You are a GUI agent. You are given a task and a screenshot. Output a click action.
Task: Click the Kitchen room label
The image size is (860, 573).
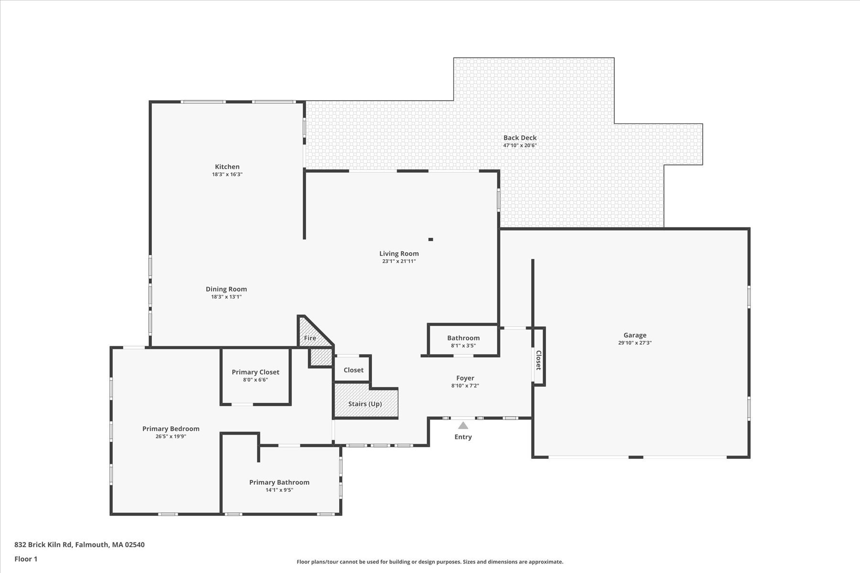point(227,167)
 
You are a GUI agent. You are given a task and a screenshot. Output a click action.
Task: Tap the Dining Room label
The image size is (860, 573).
point(226,289)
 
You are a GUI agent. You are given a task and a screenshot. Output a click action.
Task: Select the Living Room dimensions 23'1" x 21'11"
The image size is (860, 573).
point(399,261)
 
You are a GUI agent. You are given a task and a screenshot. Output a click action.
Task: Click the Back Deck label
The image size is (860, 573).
point(520,138)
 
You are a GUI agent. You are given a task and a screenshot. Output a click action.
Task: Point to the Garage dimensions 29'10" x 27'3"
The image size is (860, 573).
point(634,343)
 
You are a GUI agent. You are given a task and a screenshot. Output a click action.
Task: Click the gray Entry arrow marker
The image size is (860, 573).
point(463,425)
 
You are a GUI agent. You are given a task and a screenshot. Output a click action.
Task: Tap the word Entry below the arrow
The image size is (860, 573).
point(463,437)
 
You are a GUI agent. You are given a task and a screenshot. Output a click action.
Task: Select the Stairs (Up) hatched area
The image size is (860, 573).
point(366,401)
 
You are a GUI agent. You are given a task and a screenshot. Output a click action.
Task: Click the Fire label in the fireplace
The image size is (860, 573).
point(310,338)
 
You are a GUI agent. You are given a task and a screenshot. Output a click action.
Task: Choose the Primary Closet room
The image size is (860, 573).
point(256,376)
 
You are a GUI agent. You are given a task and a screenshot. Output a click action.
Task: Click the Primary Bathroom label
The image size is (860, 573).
point(279,482)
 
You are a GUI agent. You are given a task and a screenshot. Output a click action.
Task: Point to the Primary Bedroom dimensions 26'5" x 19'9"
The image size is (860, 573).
point(171,436)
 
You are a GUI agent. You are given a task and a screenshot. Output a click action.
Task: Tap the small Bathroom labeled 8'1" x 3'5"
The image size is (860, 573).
point(463,340)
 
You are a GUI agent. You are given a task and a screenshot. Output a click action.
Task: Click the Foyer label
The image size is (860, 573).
point(465,378)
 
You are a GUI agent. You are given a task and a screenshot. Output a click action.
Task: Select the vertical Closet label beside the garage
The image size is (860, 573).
point(538,360)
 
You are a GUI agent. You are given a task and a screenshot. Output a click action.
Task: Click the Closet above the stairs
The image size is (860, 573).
point(353,369)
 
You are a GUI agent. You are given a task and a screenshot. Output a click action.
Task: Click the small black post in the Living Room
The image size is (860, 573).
point(430,239)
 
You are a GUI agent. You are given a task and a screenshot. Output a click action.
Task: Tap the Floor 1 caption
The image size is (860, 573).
point(26,559)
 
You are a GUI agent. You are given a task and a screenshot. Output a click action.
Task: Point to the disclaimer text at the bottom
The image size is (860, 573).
point(430,562)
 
